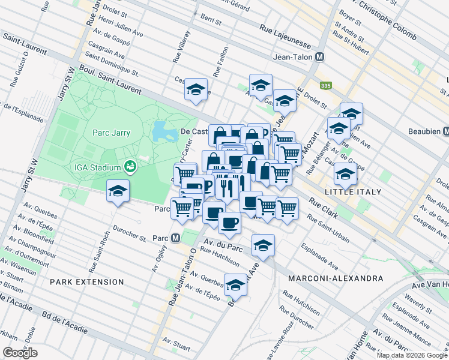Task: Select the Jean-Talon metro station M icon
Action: (320, 57)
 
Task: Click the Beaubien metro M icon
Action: (445, 131)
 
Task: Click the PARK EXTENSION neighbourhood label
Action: (87, 281)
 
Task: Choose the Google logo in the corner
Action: (20, 353)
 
